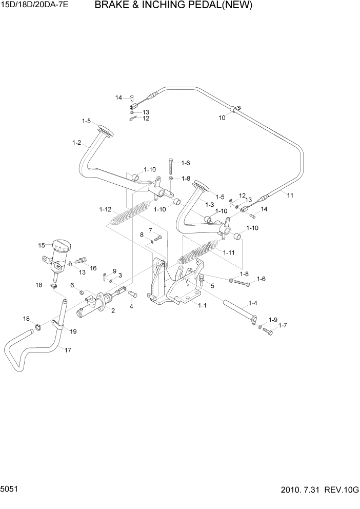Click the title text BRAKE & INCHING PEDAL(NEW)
173,6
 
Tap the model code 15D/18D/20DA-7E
34,6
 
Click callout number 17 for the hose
68,350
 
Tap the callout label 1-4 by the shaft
253,303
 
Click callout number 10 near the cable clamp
222,118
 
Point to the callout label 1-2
77,143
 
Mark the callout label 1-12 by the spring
105,209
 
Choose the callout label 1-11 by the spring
229,252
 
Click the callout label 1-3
210,205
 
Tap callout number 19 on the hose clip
73,332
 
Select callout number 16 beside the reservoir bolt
93,268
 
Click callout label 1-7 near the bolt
283,326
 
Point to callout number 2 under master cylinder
112,311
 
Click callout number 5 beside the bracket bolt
212,285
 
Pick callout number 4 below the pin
131,306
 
